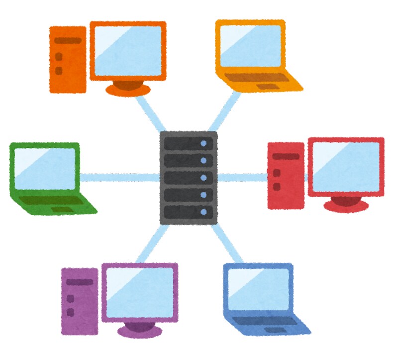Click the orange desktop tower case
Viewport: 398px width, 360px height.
[68, 59]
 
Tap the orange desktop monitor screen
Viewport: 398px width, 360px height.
[128, 50]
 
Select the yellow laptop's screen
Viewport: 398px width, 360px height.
[251, 47]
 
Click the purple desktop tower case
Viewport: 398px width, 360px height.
[79, 301]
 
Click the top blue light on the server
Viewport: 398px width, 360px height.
[203, 144]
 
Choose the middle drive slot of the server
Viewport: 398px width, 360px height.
[188, 178]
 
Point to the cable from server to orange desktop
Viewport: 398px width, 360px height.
[152, 113]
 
